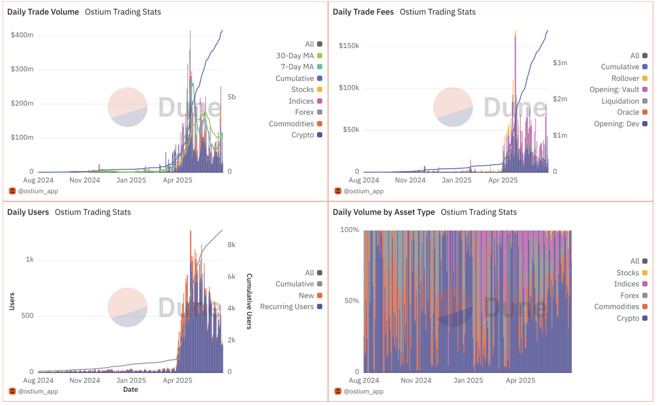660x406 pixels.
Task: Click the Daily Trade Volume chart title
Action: [x=43, y=12]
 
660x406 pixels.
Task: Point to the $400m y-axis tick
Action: [x=22, y=35]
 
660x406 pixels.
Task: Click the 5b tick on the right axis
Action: [x=232, y=97]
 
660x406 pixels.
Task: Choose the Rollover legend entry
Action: [x=629, y=78]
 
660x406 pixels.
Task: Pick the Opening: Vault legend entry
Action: [x=618, y=89]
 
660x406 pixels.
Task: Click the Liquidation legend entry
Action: [x=624, y=101]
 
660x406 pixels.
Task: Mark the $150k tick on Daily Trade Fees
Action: [x=349, y=46]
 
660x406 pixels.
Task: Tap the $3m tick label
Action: [x=560, y=63]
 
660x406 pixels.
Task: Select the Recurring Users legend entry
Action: [x=291, y=307]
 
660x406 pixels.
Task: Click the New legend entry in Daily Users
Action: [x=310, y=295]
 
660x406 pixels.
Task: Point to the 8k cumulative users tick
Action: [x=231, y=245]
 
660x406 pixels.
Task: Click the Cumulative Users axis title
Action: [x=249, y=302]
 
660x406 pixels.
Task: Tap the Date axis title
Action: [x=131, y=389]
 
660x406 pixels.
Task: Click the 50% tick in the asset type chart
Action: [x=352, y=301]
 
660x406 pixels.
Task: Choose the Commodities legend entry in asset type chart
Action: [x=621, y=307]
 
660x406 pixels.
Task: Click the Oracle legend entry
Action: [x=632, y=112]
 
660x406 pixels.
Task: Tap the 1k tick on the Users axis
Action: [x=30, y=259]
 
